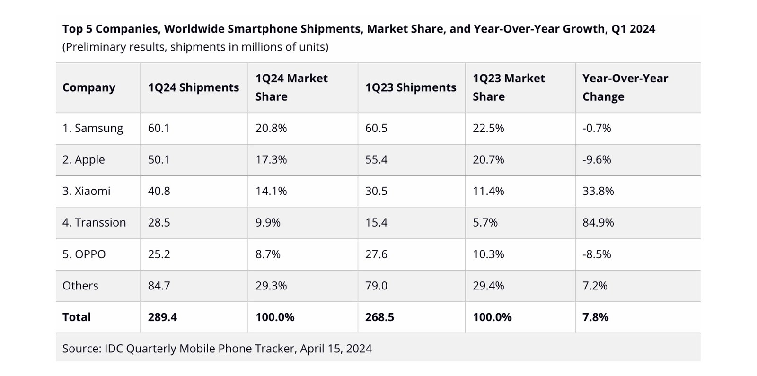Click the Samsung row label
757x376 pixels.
pyautogui.click(x=93, y=128)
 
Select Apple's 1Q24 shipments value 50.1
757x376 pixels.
pyautogui.click(x=158, y=160)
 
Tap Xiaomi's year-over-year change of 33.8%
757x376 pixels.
pyautogui.click(x=598, y=191)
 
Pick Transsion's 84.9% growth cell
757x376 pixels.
pyautogui.click(x=598, y=223)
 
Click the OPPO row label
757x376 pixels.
pyautogui.click(x=84, y=254)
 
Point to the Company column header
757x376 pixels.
pyautogui.click(x=89, y=87)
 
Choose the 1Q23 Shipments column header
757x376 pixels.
pyautogui.click(x=411, y=87)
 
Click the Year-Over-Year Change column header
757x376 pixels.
pyautogui.click(x=625, y=87)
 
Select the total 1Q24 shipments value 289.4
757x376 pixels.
pyautogui.click(x=162, y=317)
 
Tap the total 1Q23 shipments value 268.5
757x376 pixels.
pyautogui.click(x=379, y=317)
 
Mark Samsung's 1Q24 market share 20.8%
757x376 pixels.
pyautogui.click(x=271, y=128)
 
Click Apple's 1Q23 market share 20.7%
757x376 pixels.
pyautogui.click(x=488, y=160)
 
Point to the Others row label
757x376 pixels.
pyautogui.click(x=80, y=286)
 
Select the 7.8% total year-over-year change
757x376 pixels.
pyautogui.click(x=595, y=317)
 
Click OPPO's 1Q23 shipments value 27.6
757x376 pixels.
pyautogui.click(x=376, y=254)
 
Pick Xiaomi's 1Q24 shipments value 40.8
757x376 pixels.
pyautogui.click(x=159, y=191)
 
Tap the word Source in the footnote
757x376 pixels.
pyautogui.click(x=80, y=349)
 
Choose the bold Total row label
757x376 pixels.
pyautogui.click(x=77, y=317)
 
